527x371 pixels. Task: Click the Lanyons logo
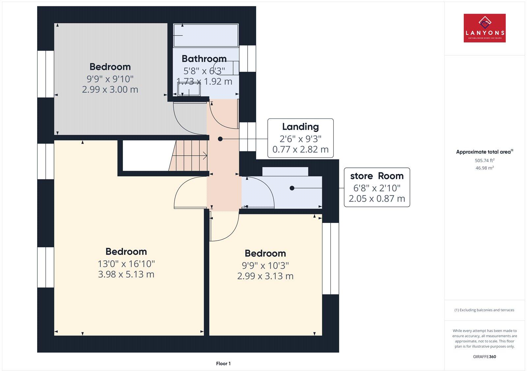(x=485, y=28)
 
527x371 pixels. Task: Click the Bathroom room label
(x=204, y=59)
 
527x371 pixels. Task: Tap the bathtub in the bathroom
(x=206, y=35)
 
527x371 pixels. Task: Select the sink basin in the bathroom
(x=189, y=89)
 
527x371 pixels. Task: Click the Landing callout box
(x=300, y=138)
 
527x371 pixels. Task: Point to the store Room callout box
(x=377, y=187)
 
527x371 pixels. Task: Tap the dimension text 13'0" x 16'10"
(x=126, y=264)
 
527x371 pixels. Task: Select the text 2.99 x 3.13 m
(x=265, y=276)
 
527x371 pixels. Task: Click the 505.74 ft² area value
(x=485, y=161)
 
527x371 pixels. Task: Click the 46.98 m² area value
(x=485, y=168)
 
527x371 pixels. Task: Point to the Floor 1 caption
(x=223, y=363)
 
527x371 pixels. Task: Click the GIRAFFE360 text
(x=485, y=357)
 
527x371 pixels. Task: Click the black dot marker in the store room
(x=292, y=188)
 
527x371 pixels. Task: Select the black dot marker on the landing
(x=220, y=139)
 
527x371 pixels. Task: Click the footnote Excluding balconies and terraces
(x=485, y=310)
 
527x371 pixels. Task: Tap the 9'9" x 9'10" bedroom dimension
(x=110, y=79)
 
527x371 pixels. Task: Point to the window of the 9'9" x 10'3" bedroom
(x=330, y=259)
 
